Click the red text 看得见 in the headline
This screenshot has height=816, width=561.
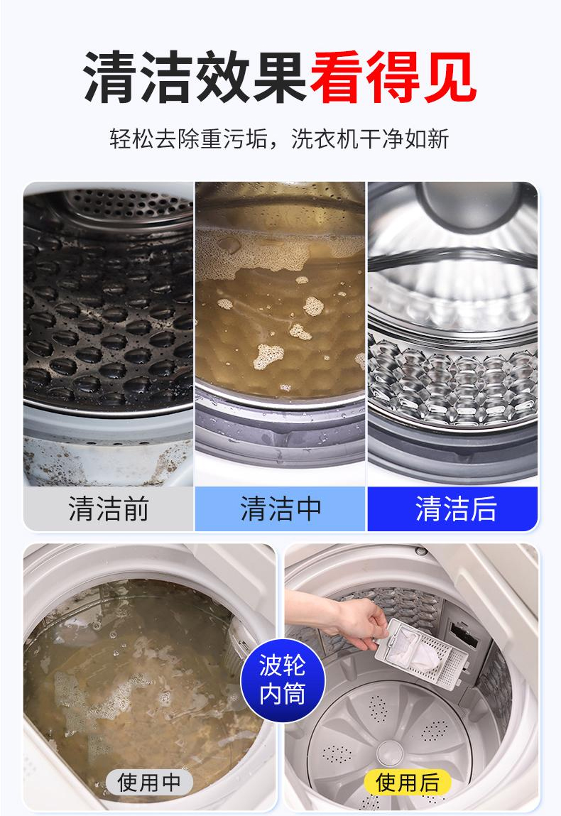[392, 77]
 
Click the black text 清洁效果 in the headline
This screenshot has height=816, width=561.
[196, 77]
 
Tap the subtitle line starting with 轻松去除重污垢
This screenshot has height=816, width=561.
[280, 138]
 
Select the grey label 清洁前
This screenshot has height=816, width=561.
[109, 508]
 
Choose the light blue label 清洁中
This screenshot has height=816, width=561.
[280, 508]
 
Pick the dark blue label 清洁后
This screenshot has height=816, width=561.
[452, 508]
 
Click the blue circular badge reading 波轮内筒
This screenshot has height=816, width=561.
[282, 679]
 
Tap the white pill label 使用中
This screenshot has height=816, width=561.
[149, 783]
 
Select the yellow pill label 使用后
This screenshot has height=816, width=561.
[408, 783]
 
